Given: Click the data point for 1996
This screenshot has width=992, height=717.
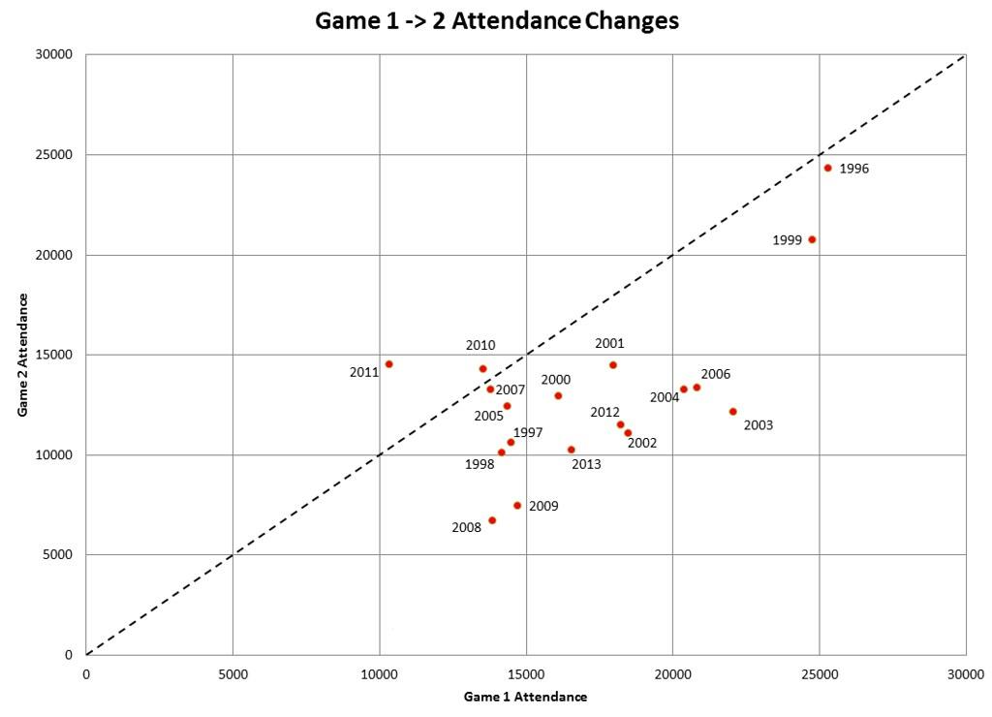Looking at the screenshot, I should click(x=827, y=168).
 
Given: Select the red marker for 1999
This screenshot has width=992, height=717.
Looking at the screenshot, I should click(x=812, y=239).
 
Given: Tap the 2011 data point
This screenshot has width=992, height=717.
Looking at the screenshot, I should click(x=388, y=364).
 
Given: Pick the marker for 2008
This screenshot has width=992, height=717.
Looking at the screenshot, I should click(x=492, y=520).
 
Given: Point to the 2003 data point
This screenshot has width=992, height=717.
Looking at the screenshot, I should click(x=732, y=412).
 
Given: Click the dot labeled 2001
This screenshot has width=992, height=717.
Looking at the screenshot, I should click(x=612, y=365).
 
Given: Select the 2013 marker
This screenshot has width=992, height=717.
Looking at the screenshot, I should click(x=571, y=450).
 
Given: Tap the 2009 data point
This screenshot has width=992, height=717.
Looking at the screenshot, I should click(x=517, y=506).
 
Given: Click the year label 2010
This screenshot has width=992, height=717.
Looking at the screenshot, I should click(x=480, y=345).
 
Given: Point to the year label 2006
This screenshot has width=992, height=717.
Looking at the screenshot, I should click(x=715, y=374).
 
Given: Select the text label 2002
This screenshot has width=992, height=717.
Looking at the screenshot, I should click(x=642, y=444).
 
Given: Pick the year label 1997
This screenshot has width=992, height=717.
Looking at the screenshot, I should click(x=528, y=432).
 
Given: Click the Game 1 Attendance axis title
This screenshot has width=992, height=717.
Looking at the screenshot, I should click(x=525, y=697).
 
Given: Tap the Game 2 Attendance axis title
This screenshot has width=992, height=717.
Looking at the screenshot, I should click(x=21, y=355).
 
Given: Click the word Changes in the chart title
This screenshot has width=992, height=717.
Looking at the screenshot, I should click(x=632, y=20).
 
